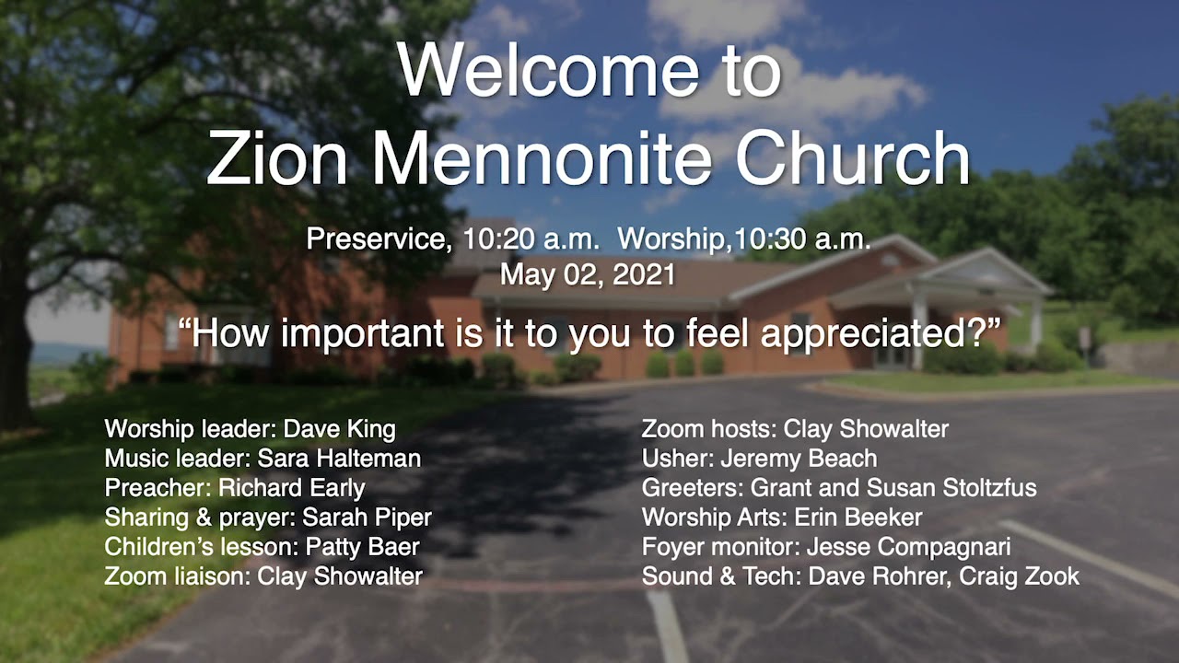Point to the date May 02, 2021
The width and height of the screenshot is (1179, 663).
588,274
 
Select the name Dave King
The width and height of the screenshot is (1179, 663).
339,429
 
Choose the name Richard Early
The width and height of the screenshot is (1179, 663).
304,488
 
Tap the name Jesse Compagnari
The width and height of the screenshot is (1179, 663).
908,547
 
